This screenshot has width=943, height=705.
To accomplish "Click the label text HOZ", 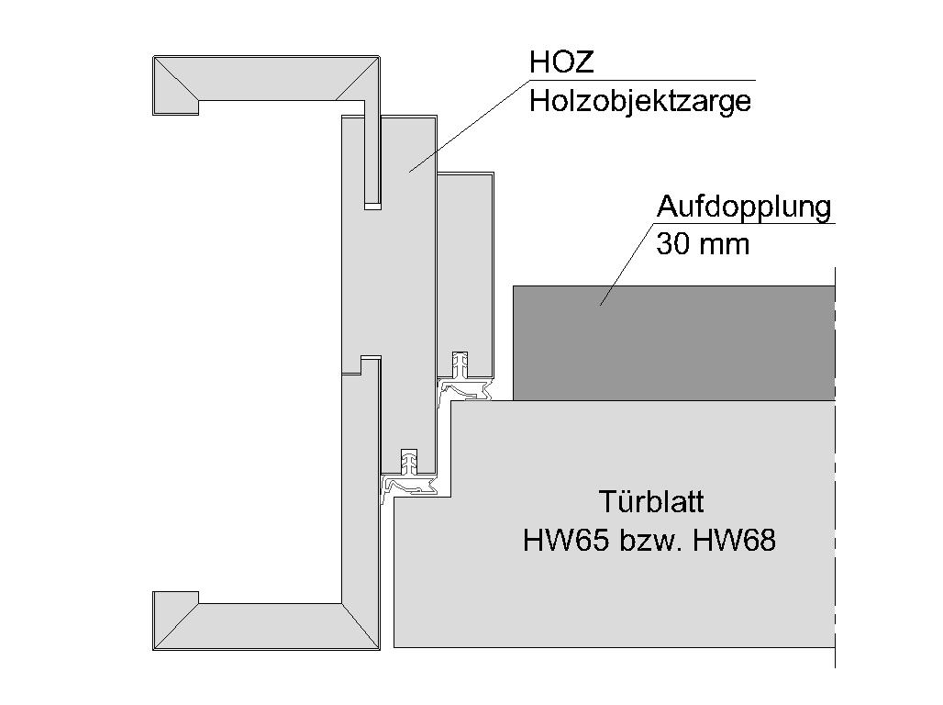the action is (x=561, y=62).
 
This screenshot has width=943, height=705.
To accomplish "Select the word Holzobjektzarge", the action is (x=640, y=101).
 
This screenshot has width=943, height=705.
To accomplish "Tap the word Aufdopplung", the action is (x=744, y=207).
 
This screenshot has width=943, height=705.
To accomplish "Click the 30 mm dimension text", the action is (x=703, y=244).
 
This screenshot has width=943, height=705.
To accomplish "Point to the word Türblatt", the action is (x=651, y=501).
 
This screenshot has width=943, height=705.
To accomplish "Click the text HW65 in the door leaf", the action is (x=564, y=540).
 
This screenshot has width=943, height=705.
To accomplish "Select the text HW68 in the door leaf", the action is (x=735, y=540).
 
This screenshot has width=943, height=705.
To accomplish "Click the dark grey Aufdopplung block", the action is (x=673, y=342).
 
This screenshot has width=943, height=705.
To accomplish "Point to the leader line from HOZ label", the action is (x=469, y=126).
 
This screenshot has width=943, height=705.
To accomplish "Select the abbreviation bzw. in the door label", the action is (x=649, y=540).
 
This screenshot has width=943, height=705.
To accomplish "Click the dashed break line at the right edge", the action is (x=836, y=466).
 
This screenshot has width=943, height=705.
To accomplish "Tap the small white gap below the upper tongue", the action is (x=372, y=207).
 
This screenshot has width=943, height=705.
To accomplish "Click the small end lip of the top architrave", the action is (x=175, y=107).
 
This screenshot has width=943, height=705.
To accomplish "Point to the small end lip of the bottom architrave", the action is (x=175, y=598).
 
